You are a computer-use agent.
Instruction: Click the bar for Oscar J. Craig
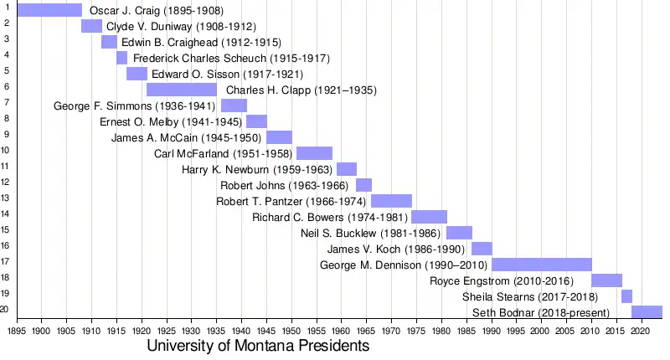(49, 10)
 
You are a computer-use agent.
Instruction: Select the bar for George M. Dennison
(541, 265)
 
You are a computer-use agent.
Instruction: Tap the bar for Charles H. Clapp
(182, 90)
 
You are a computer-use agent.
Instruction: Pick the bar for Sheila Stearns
(626, 296)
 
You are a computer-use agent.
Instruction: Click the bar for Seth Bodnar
(647, 312)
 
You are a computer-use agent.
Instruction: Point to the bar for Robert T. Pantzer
(391, 201)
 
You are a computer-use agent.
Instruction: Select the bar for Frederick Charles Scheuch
(121, 58)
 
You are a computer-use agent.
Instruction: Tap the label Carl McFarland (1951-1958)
(223, 153)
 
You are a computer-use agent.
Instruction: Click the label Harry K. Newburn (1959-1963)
(257, 169)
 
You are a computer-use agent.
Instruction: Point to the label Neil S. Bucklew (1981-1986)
(371, 233)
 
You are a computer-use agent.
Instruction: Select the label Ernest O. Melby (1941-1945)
(171, 121)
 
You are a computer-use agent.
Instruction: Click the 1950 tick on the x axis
(291, 331)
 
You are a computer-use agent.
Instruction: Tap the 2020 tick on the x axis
(641, 331)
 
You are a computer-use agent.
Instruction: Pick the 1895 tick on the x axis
(17, 331)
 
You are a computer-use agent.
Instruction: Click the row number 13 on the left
(5, 198)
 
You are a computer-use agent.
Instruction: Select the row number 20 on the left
(5, 309)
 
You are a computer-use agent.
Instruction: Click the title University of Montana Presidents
(258, 346)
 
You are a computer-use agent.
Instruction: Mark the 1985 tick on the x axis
(466, 331)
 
